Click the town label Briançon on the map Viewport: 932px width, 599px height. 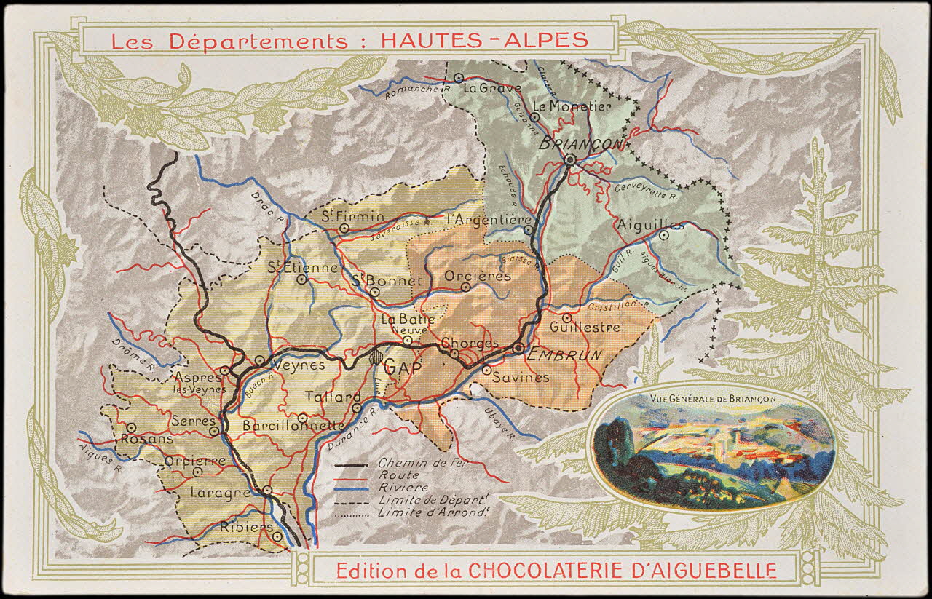[582, 143]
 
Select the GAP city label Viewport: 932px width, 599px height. [403, 368]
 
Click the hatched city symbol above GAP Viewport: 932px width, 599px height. [376, 357]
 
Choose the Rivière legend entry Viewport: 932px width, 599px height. [403, 487]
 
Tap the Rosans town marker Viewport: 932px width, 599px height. [131, 428]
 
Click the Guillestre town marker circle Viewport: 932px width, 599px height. [566, 317]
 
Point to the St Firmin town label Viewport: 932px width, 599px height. [344, 215]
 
